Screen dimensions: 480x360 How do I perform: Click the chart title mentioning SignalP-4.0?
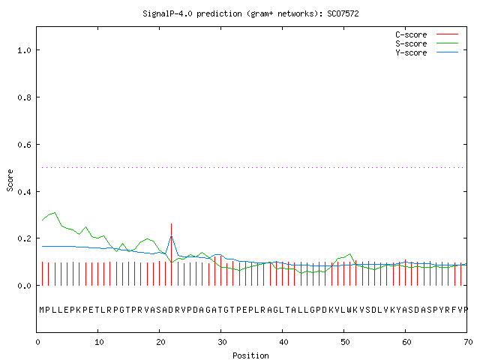pos(250,13)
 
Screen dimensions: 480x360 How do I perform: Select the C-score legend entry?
pos(427,34)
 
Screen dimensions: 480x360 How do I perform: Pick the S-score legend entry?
pos(427,43)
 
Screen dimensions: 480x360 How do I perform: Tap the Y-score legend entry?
pos(427,52)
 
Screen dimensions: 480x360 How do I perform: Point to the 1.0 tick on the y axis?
pos(24,50)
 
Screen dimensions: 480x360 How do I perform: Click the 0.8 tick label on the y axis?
pos(24,97)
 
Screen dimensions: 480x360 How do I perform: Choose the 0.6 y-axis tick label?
pos(24,145)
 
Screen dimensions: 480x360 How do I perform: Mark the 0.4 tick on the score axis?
pos(24,192)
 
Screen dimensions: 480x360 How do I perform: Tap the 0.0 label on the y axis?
pos(24,286)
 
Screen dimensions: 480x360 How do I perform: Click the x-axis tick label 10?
pos(99,342)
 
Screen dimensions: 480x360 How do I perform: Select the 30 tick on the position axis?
pos(222,342)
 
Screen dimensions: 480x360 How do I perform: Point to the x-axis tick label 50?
pos(345,342)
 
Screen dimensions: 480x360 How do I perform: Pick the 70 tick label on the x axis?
pos(468,342)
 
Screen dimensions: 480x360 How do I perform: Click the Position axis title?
pos(250,355)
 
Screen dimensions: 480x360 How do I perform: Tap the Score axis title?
pos(10,180)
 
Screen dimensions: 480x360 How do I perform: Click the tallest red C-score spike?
pos(172,254)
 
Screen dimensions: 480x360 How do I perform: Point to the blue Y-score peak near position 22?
pos(172,235)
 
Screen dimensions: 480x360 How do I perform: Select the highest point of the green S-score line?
pos(55,212)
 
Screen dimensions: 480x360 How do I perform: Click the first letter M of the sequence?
pos(42,310)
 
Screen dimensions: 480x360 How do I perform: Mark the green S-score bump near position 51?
pos(349,254)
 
